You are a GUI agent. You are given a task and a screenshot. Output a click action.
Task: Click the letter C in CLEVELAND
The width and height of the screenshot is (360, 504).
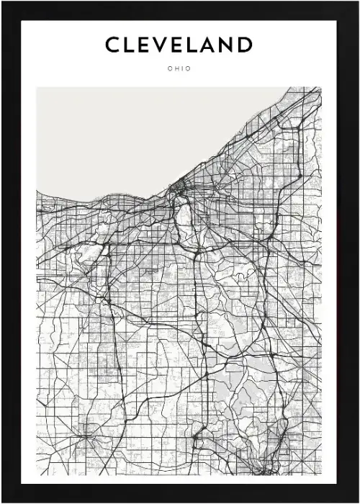(113, 45)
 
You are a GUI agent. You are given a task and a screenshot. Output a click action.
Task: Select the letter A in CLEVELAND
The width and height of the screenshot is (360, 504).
(211, 45)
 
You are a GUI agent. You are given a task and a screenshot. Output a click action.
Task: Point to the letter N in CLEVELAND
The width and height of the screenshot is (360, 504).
(228, 45)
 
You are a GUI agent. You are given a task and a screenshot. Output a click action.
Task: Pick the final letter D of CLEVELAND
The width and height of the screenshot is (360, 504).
(246, 45)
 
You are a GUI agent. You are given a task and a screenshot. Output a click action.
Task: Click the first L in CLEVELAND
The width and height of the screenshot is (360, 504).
(130, 45)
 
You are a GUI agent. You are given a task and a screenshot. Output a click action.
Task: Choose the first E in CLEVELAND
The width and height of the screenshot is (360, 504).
(146, 45)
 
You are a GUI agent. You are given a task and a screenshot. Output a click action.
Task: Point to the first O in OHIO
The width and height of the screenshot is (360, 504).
(168, 70)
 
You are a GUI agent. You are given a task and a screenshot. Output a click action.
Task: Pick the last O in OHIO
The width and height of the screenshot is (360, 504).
(190, 70)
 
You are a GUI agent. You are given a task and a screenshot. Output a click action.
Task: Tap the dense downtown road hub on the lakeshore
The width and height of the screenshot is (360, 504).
(176, 192)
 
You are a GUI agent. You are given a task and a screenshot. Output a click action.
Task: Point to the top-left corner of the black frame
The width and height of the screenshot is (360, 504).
(2, 2)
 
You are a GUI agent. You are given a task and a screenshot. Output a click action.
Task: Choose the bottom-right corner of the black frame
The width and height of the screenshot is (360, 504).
(357, 501)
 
